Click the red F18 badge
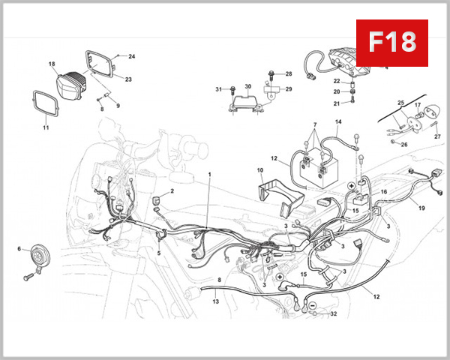coord(391,42)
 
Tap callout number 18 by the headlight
coord(52,64)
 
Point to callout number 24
coord(132,56)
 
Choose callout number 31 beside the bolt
coord(219,89)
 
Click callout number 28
coord(289,74)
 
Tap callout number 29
coord(289,89)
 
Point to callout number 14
coord(338,121)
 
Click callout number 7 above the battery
coord(315,124)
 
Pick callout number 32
coord(334,314)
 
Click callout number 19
coord(421,207)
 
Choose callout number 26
coord(404,144)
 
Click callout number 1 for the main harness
coord(209,174)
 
